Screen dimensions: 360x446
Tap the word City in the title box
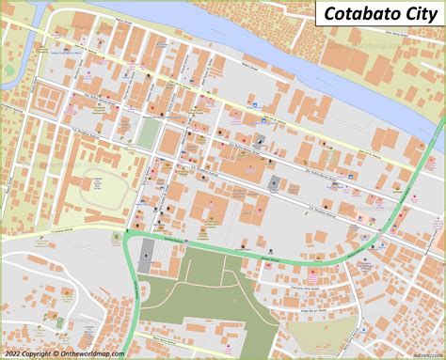click(x=414, y=13)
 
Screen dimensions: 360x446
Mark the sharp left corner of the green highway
click(x=126, y=236)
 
